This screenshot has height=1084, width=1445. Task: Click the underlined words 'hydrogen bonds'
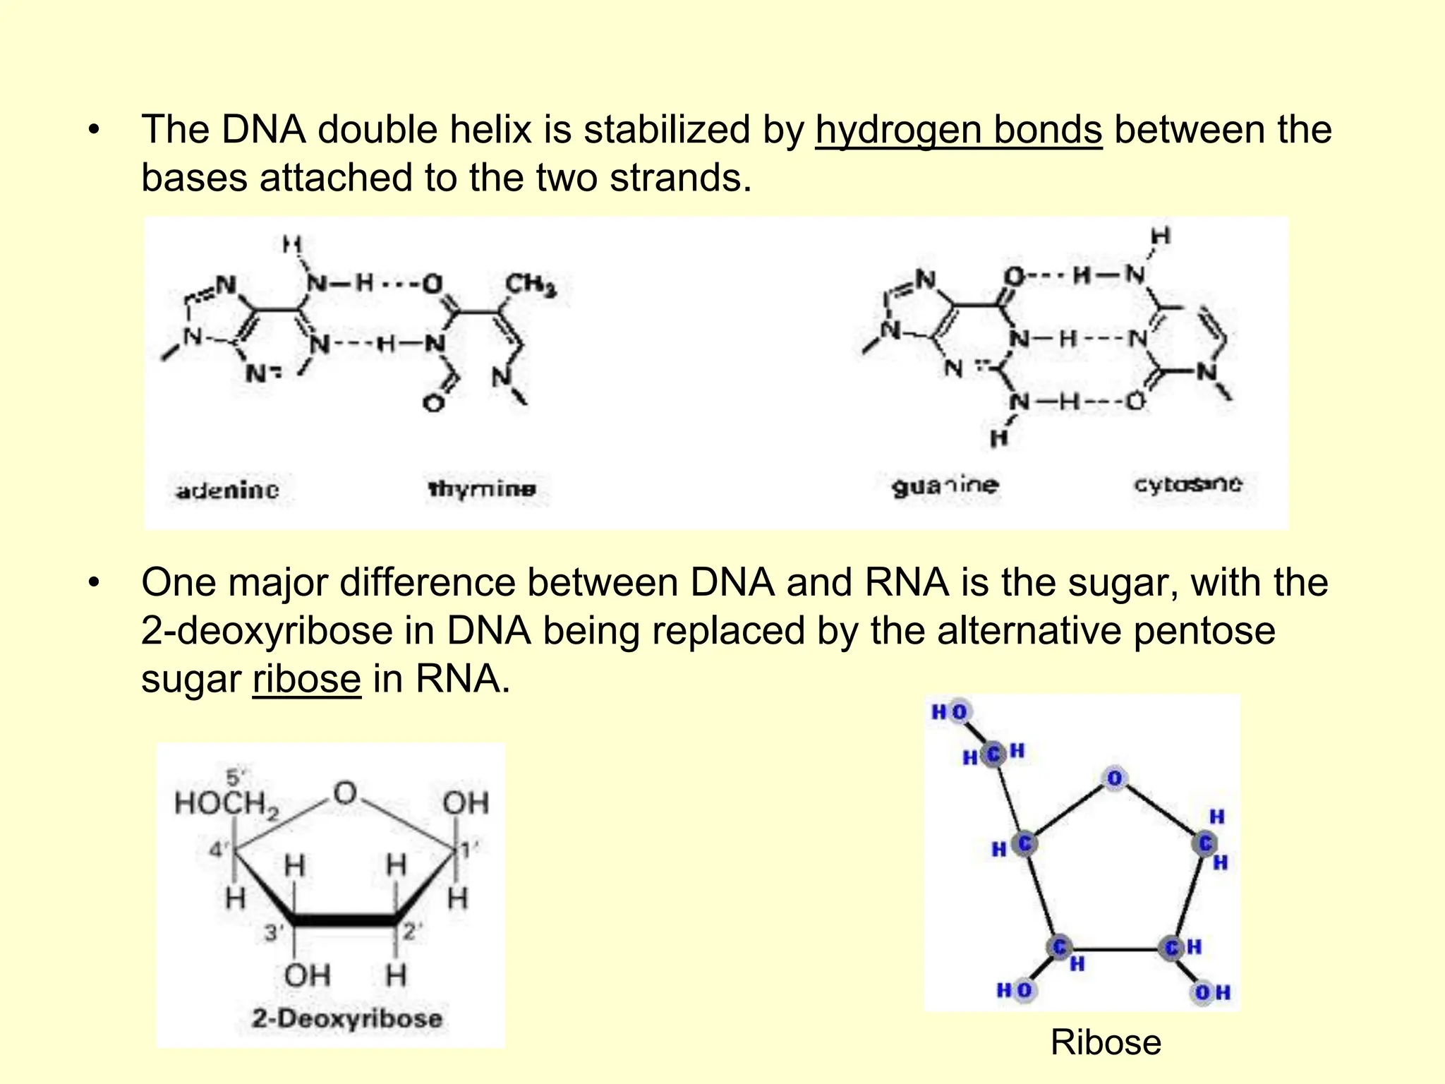click(x=958, y=130)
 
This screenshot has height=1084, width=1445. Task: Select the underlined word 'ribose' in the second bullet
click(x=306, y=679)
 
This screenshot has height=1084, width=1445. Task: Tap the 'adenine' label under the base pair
click(x=227, y=490)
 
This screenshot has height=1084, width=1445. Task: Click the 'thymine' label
click(x=482, y=488)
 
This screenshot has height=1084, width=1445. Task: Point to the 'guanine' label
click(x=945, y=486)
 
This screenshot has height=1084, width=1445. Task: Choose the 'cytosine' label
click(x=1187, y=484)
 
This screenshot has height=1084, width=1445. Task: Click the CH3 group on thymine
click(x=531, y=285)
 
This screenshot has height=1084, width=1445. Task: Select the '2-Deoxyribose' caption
click(x=346, y=1018)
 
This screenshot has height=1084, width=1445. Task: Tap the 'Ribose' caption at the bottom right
click(x=1105, y=1042)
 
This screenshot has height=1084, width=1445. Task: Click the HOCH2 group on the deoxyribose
click(x=226, y=804)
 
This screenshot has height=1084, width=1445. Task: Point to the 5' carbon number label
click(x=235, y=778)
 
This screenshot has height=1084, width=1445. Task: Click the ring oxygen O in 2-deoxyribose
click(x=345, y=793)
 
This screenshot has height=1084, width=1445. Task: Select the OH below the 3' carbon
click(x=307, y=976)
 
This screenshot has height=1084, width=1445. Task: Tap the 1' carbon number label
click(x=469, y=849)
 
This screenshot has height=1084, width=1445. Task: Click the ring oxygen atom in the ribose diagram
click(x=1114, y=779)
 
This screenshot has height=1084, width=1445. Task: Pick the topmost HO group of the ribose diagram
click(x=950, y=712)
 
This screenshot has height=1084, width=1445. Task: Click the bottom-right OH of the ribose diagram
click(x=1211, y=993)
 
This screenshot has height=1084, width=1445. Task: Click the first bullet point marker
click(x=95, y=131)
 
